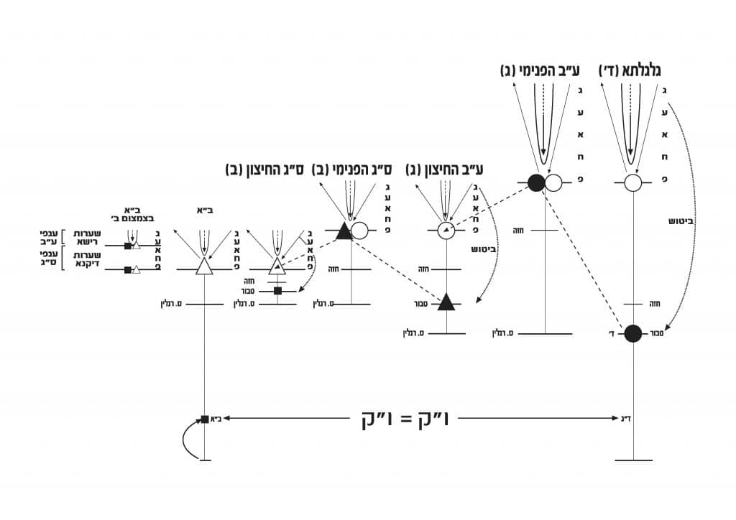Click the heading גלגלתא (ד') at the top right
(630, 70)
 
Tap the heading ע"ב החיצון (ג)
(444, 170)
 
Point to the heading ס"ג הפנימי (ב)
(351, 170)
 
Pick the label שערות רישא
(86, 236)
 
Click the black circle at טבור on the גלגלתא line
(632, 333)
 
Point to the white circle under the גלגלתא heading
(632, 182)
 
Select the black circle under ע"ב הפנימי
(536, 182)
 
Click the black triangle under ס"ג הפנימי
(343, 231)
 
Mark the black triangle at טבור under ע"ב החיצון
(446, 302)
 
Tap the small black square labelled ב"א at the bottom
(205, 419)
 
